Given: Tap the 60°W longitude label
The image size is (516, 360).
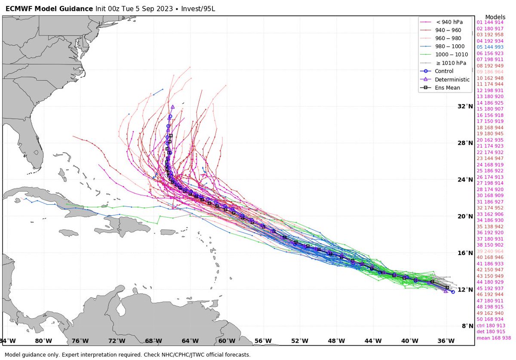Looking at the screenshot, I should tap(227, 341).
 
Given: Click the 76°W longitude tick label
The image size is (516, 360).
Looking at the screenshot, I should tap(80, 341).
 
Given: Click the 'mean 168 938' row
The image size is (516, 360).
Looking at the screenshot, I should tap(491, 338).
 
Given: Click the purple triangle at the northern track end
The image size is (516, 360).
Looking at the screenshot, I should tap(172, 107).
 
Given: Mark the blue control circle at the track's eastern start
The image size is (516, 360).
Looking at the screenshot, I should tap(453, 292).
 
